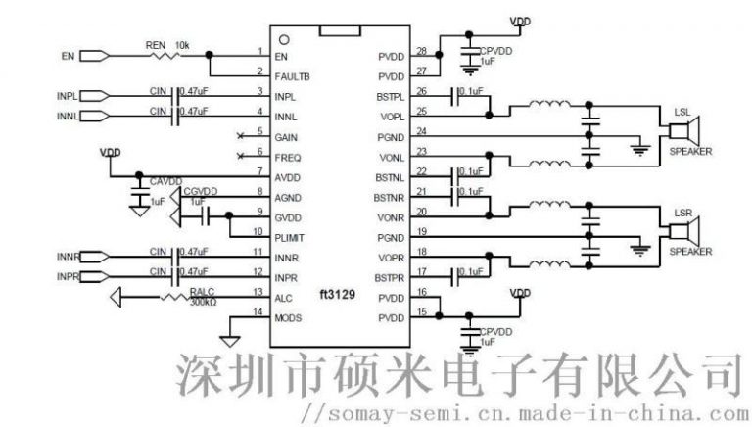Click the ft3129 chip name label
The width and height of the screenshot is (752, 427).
[333, 295]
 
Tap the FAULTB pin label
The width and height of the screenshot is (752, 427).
[294, 76]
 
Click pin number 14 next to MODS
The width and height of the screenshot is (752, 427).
[258, 312]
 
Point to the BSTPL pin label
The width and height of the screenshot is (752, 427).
[390, 96]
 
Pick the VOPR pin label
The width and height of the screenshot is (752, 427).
[390, 257]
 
